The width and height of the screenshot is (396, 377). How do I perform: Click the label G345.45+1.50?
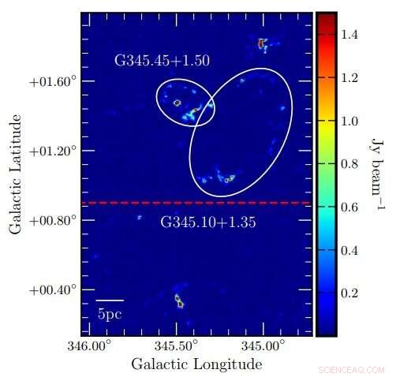click(x=163, y=60)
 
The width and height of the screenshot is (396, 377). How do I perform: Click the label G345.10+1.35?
click(x=208, y=222)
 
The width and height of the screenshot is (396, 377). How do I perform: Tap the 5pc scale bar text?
click(x=110, y=313)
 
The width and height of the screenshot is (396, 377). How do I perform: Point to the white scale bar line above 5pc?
click(x=110, y=300)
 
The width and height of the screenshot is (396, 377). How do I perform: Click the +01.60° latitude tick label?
click(x=54, y=81)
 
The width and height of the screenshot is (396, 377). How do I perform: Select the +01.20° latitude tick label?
click(x=54, y=151)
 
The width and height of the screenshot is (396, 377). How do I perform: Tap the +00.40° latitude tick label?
click(x=54, y=289)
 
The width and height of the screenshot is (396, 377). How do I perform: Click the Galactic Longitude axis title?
click(x=196, y=364)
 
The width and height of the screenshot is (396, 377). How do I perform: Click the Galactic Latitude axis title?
click(x=15, y=174)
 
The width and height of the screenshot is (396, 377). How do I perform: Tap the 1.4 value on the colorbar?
click(x=351, y=35)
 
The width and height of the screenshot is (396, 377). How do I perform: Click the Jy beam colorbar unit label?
click(x=376, y=174)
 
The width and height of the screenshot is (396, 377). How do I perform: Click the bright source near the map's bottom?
click(x=179, y=300)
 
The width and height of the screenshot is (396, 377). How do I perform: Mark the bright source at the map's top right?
click(x=263, y=43)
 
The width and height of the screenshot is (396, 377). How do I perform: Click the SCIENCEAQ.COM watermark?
click(x=351, y=369)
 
